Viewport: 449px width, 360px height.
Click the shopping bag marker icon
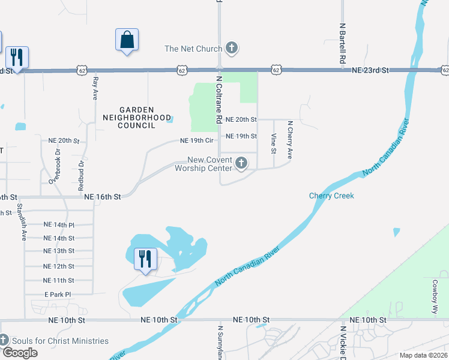(x=127, y=40)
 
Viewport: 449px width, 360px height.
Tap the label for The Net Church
(x=193, y=49)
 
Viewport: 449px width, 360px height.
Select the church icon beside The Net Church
(x=232, y=48)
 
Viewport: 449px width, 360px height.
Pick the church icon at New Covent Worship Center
(x=241, y=163)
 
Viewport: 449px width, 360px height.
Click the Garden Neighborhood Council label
(x=137, y=118)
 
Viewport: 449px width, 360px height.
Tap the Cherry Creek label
(x=331, y=196)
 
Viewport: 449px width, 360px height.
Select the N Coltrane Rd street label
(x=218, y=100)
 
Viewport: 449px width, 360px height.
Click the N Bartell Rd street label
(x=342, y=44)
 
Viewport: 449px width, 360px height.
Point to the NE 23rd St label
(x=370, y=70)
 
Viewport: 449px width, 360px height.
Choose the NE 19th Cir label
(x=196, y=141)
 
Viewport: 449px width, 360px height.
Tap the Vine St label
(x=273, y=143)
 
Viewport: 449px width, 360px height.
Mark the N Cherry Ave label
(x=290, y=140)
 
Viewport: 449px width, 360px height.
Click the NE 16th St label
(x=103, y=196)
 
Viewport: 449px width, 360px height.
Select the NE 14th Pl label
(x=59, y=224)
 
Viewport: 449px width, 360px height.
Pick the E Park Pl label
(x=58, y=295)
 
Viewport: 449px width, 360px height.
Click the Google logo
(x=20, y=353)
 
